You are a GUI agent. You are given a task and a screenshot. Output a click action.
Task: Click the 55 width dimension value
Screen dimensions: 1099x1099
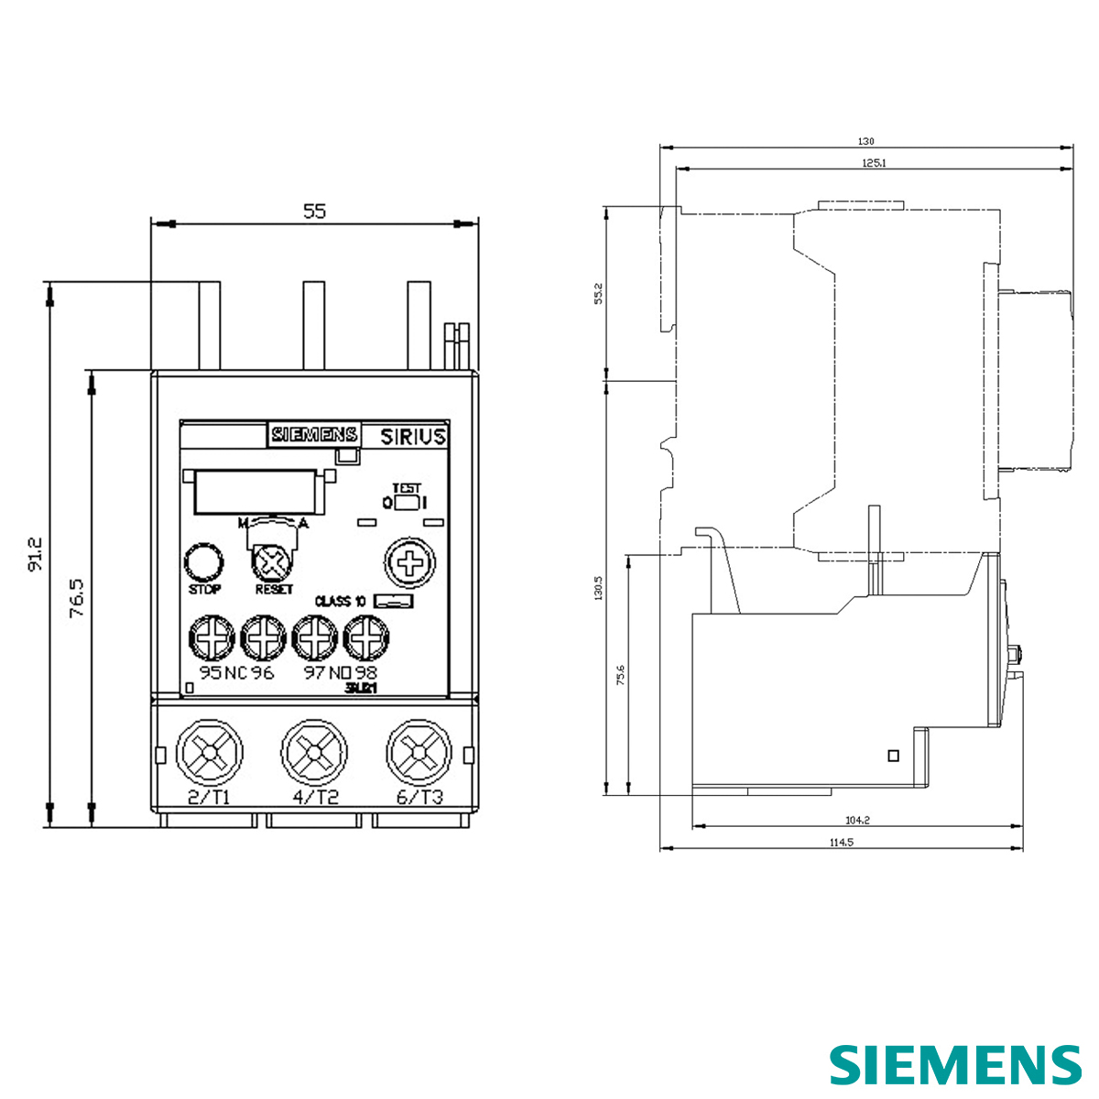314,212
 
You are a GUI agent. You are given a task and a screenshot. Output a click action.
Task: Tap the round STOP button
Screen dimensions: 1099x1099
204,561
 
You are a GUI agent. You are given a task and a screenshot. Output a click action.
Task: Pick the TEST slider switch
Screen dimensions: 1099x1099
407,503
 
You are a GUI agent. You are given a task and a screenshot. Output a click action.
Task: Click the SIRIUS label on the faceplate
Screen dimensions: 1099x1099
413,436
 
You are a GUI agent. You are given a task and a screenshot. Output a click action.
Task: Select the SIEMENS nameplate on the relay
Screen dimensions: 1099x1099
313,435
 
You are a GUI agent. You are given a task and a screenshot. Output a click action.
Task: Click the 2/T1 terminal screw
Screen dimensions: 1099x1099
210,753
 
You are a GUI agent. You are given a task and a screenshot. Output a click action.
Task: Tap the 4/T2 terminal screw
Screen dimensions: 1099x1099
314,753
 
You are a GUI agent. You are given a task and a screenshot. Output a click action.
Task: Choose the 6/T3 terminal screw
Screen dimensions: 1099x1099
419,753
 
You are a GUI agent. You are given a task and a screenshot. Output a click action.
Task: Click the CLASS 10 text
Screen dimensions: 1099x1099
340,602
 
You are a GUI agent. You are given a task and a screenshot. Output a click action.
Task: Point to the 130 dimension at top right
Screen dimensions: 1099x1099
865,142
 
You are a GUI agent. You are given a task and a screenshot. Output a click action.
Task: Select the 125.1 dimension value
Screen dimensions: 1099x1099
873,163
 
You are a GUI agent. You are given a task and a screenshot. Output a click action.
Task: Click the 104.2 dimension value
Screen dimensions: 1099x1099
857,821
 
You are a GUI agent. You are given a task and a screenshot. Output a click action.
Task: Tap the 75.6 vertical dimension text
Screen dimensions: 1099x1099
620,675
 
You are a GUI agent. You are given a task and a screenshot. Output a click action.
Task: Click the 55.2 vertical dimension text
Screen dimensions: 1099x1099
599,294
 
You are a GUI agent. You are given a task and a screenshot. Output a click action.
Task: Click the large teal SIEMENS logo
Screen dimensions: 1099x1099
955,1065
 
